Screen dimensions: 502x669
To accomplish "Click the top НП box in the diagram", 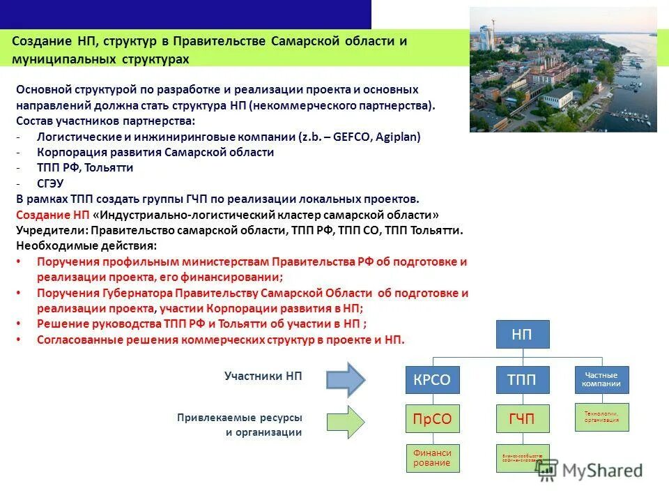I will click(523, 335).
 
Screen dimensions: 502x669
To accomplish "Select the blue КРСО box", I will click(433, 380).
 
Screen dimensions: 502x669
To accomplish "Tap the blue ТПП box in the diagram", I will click(523, 380).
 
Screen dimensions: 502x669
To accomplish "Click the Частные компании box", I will click(601, 380).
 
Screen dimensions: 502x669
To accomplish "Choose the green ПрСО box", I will click(433, 418).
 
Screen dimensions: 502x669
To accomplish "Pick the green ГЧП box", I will click(523, 418).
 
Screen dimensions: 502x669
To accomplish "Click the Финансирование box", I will click(433, 458).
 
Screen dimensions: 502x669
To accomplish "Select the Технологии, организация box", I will click(601, 417).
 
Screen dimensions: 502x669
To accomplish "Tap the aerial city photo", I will click(563, 70).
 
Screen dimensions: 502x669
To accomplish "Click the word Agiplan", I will click(397, 137).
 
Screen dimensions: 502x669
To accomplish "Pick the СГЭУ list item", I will click(50, 183).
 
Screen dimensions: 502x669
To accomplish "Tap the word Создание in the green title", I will click(40, 41).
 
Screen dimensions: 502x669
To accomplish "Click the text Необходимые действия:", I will click(86, 245).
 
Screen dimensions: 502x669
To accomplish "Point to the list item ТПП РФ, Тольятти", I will click(84, 168).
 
